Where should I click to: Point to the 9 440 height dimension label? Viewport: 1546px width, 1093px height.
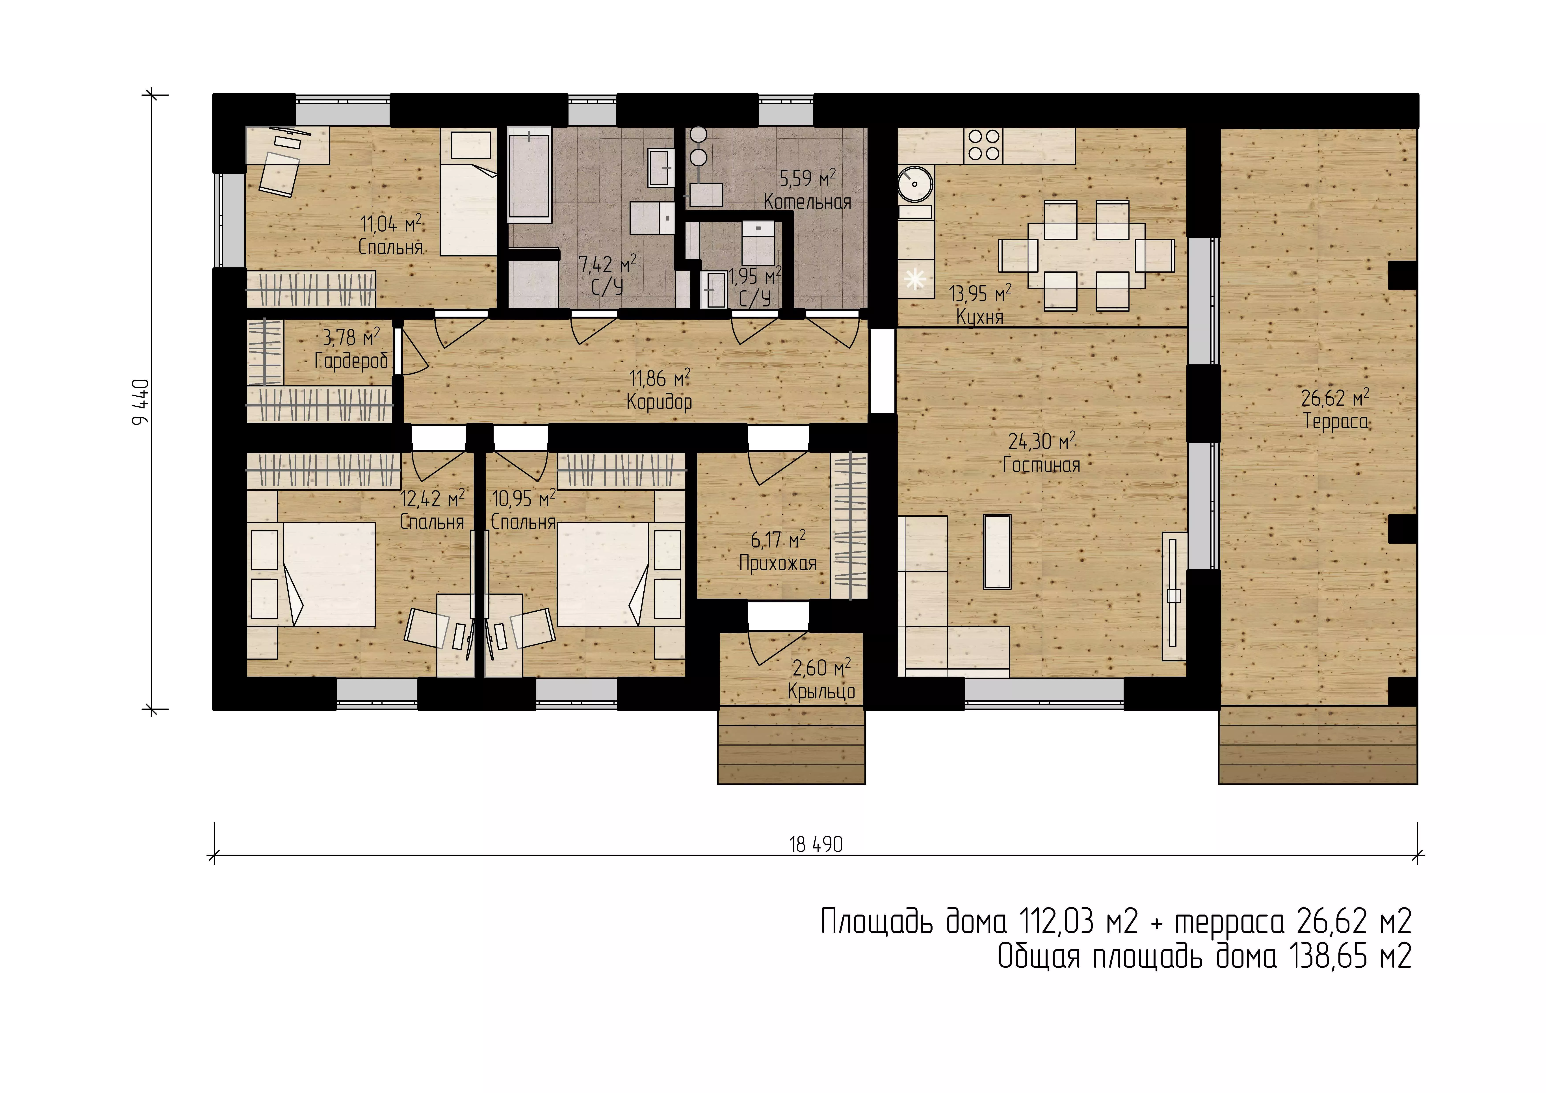pos(141,402)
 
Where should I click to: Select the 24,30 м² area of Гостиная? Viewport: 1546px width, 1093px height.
pos(1042,441)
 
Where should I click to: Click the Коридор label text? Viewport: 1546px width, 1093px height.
pos(659,402)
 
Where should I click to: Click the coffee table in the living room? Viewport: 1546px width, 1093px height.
pos(997,551)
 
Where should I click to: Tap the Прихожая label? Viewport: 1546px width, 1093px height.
pos(778,563)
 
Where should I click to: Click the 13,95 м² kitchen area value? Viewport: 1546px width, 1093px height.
pos(980,294)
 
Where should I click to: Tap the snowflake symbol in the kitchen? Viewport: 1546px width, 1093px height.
pos(915,278)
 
